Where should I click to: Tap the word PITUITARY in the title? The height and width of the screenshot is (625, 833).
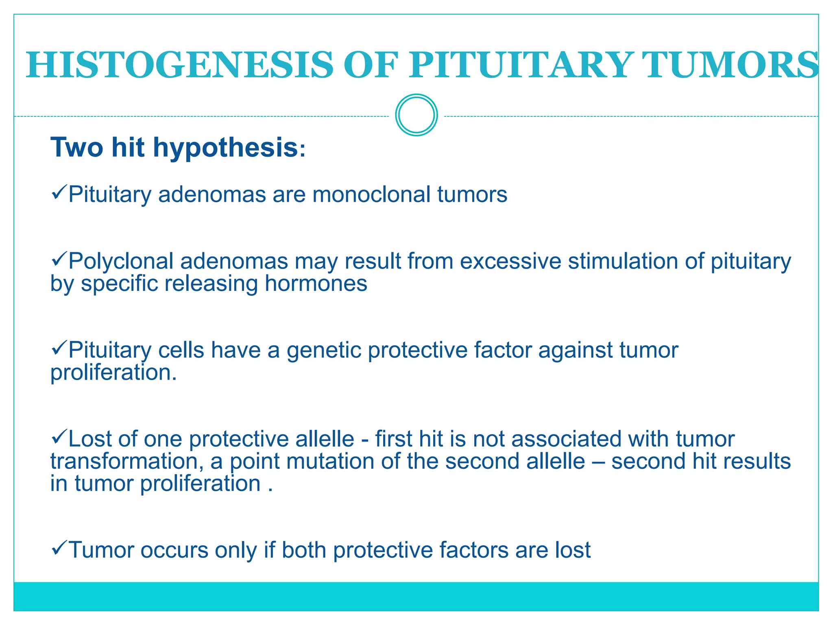coord(521,65)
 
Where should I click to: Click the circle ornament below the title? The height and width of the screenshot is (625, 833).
coord(416,115)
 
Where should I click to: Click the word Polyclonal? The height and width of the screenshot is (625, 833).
coord(121,261)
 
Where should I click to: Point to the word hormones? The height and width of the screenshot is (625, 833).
coord(316,284)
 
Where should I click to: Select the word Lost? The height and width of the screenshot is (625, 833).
coord(90,439)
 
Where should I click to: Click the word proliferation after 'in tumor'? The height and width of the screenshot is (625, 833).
coord(201,484)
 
